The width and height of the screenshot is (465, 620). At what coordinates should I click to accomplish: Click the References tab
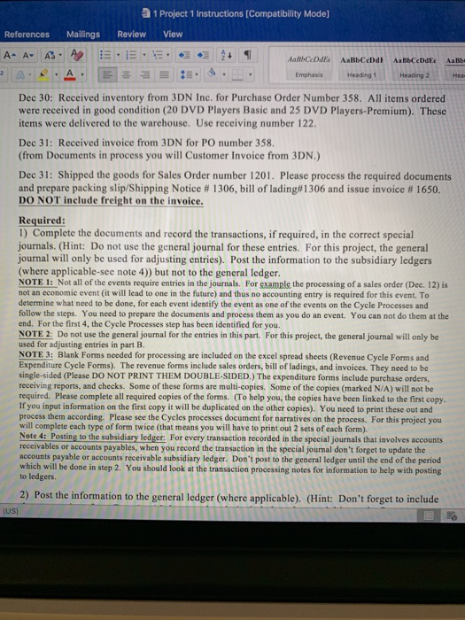click(x=27, y=35)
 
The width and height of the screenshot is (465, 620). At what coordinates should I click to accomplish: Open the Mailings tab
click(x=81, y=35)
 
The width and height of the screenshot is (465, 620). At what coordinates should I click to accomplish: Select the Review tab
click(x=132, y=35)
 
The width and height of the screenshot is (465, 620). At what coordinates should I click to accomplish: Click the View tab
click(x=173, y=35)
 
